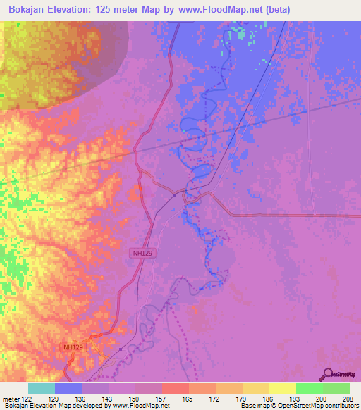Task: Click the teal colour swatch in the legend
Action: tap(42, 388)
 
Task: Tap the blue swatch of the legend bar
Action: tap(68, 388)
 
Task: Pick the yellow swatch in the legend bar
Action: tap(283, 388)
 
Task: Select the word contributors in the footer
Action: tap(340, 406)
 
